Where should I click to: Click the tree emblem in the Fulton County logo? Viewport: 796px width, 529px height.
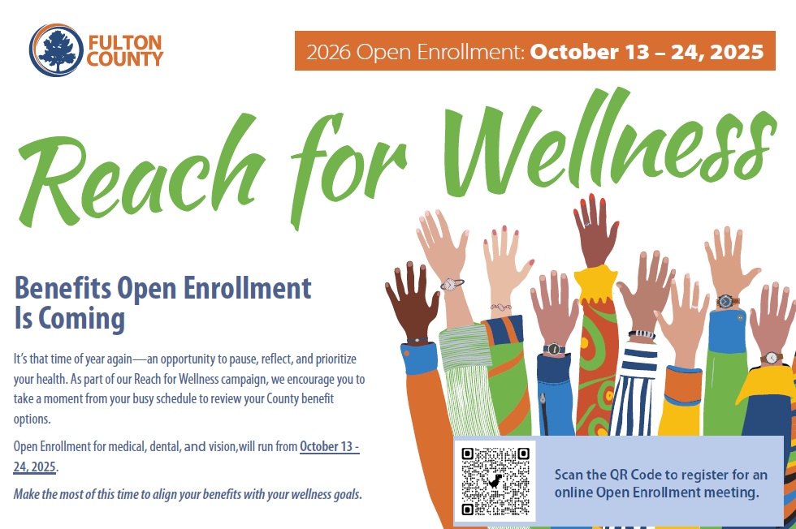point(56,50)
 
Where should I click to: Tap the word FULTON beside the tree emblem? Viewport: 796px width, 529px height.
point(125,42)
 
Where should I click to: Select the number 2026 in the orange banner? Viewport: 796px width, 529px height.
point(328,52)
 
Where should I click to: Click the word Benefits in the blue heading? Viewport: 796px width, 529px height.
point(63,287)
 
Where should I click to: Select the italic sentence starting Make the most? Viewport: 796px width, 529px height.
point(188,494)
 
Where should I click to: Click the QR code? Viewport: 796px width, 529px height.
point(495,481)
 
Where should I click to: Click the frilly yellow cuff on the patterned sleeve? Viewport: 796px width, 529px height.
point(595,284)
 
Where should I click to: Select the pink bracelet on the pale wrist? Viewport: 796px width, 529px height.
point(500,307)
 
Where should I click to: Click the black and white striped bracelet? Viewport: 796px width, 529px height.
point(642,334)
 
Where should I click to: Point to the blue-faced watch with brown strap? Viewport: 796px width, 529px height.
point(726,301)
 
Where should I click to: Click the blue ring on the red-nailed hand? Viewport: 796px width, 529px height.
point(586,224)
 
